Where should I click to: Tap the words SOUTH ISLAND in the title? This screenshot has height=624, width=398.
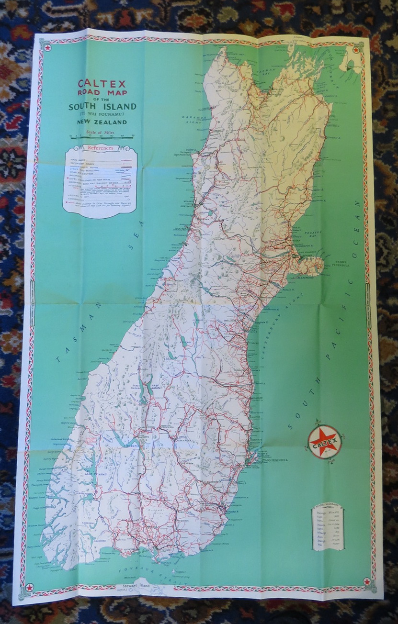(102, 106)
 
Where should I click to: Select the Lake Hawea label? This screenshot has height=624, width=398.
(156, 385)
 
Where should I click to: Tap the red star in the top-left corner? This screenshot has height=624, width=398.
(47, 47)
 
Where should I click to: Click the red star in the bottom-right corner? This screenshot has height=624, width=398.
(367, 582)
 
